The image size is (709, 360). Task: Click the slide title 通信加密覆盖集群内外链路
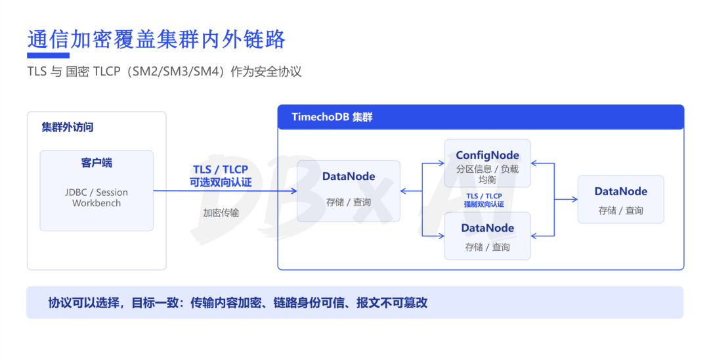156,39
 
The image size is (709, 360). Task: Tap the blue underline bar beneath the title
49,56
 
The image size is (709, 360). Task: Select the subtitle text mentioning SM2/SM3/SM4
164,72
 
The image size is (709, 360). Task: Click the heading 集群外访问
68,127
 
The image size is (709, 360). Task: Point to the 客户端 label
97,163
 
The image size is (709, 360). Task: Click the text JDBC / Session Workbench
97,198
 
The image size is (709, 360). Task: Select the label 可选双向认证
221,182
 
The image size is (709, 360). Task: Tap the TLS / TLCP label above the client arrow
221,169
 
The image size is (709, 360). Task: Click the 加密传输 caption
221,213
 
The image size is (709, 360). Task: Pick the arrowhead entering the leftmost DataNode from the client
294,191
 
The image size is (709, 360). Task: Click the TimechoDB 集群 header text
332,117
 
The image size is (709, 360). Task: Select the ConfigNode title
487,155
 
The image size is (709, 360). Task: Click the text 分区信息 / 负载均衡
487,174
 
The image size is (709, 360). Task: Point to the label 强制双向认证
484,204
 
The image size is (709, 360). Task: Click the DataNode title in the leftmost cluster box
349,176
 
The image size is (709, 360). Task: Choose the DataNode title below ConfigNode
487,228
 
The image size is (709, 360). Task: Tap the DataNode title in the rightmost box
621,191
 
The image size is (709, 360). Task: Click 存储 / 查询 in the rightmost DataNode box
621,210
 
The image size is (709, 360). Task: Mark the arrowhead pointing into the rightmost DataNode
574,199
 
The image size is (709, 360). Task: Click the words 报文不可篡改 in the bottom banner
392,303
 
